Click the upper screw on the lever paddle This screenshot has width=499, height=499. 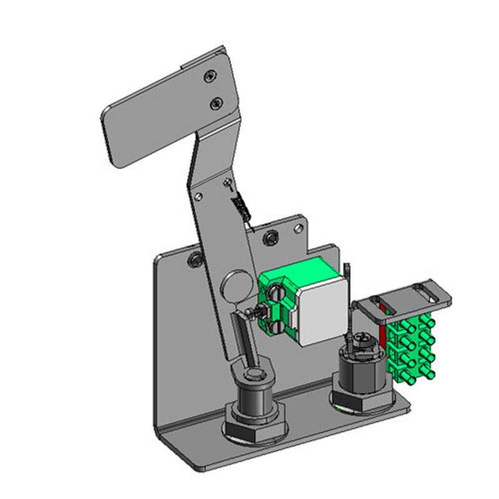tap(210, 75)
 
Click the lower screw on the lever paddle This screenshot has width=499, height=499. tap(216, 101)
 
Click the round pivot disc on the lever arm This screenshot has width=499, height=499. tap(235, 284)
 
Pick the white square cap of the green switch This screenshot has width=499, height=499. tap(322, 310)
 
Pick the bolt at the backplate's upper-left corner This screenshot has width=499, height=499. tap(196, 258)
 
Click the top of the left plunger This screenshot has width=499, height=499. tap(254, 375)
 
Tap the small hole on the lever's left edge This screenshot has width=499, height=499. tap(198, 196)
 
